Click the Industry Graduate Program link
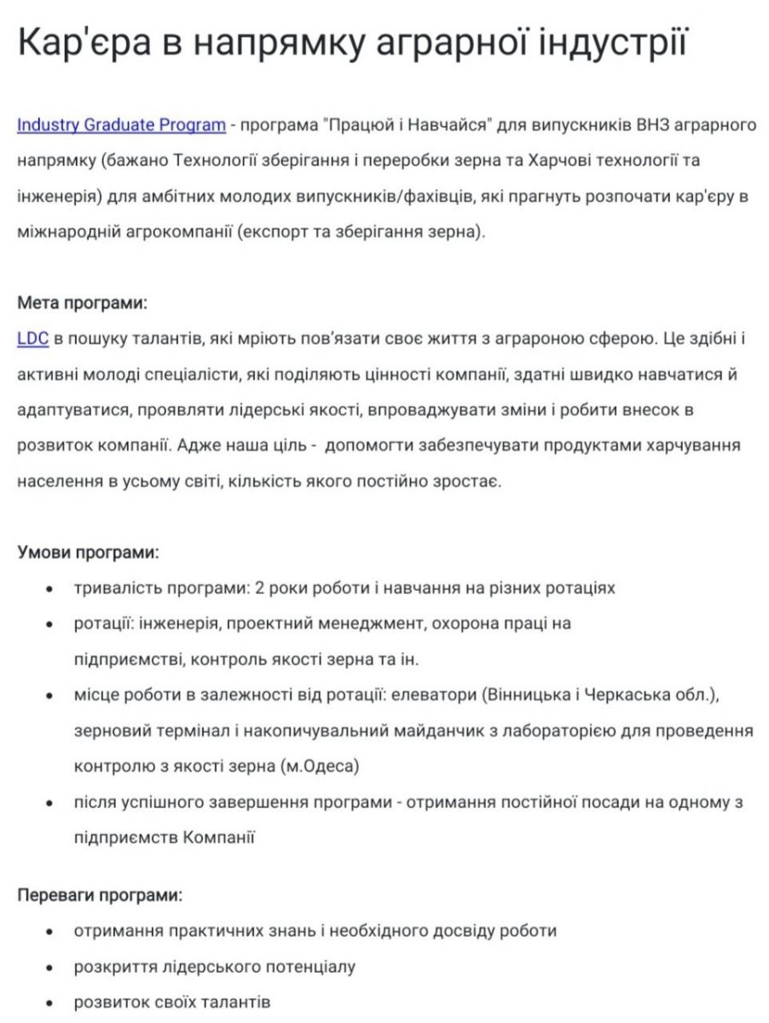(x=121, y=125)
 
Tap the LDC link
(x=32, y=338)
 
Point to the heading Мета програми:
(x=82, y=303)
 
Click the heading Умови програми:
(x=88, y=552)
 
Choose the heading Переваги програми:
(x=100, y=896)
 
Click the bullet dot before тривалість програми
(x=50, y=589)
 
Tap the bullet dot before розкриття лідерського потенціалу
(x=50, y=968)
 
